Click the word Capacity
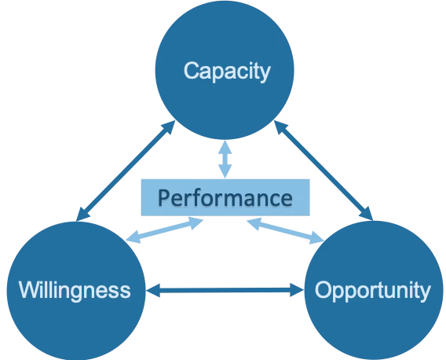pyautogui.click(x=227, y=72)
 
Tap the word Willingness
pyautogui.click(x=75, y=291)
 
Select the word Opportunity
pyautogui.click(x=373, y=291)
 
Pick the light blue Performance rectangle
pyautogui.click(x=225, y=197)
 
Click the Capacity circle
pyautogui.click(x=225, y=70)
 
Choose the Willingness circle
pyautogui.click(x=76, y=291)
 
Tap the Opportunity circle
pyautogui.click(x=374, y=290)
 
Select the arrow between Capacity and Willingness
pyautogui.click(x=126, y=171)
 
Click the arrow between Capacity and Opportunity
pyautogui.click(x=324, y=171)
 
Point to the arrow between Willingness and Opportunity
pyautogui.click(x=225, y=290)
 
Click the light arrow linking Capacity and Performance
pyautogui.click(x=225, y=160)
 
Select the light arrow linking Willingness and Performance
pyautogui.click(x=164, y=230)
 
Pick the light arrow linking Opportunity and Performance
pyautogui.click(x=286, y=230)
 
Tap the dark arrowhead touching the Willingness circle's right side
pyautogui.click(x=153, y=290)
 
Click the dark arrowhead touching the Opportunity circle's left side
pyautogui.click(x=298, y=290)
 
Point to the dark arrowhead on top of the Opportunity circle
pyautogui.click(x=367, y=215)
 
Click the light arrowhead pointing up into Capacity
pyautogui.click(x=225, y=147)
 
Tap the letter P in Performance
pyautogui.click(x=164, y=197)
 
